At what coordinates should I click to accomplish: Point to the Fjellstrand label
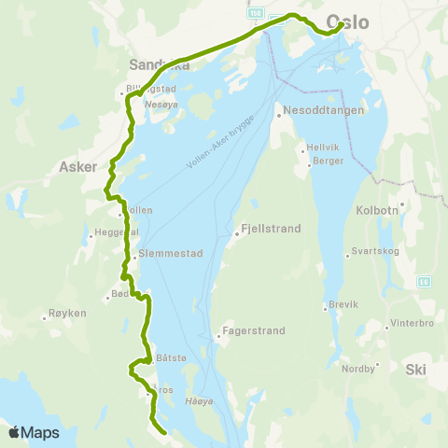[266, 226]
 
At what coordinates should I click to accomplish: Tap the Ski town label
[415, 370]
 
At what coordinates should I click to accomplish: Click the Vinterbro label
[413, 326]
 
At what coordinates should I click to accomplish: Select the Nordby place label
[357, 368]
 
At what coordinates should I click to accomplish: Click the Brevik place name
[343, 305]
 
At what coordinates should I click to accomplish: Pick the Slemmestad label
[163, 252]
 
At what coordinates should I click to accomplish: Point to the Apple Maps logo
[34, 432]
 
